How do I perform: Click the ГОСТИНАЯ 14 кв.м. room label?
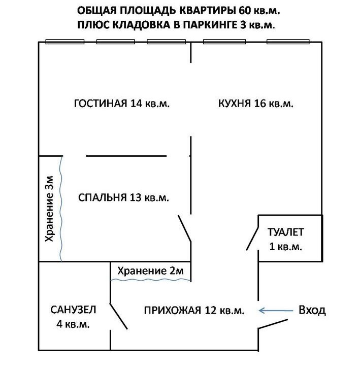pos(122,104)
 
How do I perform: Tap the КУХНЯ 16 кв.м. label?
pos(255,104)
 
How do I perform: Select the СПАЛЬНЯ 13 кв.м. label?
pos(123,197)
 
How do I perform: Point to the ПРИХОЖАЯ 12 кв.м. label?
pos(194,310)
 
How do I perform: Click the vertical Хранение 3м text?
pos(50,209)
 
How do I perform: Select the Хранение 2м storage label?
pos(150,270)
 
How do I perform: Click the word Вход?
pos(312,310)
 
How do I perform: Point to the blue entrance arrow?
pos(276,311)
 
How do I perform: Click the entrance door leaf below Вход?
pos(273,324)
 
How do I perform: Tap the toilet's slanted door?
pos(252,239)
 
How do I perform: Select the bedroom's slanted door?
pos(185,229)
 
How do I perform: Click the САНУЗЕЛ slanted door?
pos(119,316)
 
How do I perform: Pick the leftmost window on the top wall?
pos(65,42)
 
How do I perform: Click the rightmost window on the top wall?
pos(288,42)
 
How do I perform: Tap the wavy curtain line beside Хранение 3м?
pos(61,209)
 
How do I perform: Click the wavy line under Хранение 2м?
pos(151,280)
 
